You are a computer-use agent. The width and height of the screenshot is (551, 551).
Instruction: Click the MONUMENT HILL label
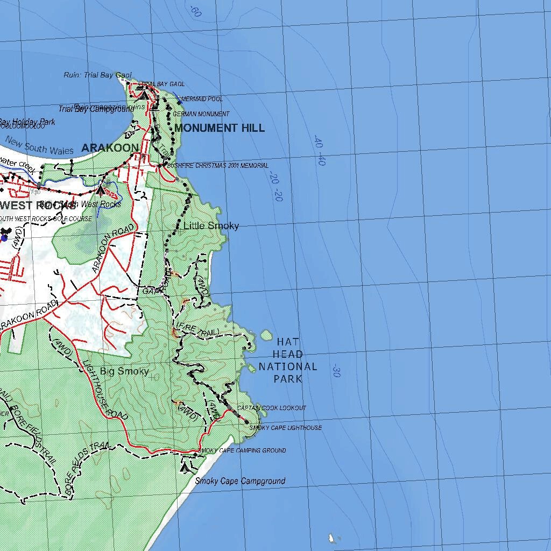tap(220, 128)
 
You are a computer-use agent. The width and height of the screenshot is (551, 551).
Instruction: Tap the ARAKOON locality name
tap(110, 148)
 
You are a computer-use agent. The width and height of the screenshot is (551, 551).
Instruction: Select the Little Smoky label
tap(211, 226)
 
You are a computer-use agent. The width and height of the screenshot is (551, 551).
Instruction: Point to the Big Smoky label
tap(124, 371)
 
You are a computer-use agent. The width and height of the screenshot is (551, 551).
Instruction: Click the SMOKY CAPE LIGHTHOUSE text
tap(285, 428)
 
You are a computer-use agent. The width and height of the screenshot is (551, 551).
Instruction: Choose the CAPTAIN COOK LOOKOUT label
tap(272, 408)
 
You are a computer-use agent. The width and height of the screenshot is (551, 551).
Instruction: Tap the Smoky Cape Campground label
tap(240, 481)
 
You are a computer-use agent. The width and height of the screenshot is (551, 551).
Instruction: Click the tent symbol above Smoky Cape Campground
tap(186, 468)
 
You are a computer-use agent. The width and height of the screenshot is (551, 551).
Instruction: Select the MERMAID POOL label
tap(202, 100)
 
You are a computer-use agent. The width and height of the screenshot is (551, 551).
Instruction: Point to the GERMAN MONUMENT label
tap(201, 114)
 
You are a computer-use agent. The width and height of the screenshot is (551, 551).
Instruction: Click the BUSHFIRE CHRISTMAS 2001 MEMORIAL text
tap(217, 166)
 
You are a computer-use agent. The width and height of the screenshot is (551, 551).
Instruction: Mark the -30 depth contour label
tap(336, 371)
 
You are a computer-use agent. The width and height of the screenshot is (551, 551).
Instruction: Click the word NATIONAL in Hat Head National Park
tap(288, 367)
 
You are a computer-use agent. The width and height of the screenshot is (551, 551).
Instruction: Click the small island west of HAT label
tap(266, 335)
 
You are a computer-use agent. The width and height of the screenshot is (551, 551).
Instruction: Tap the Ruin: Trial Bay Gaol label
tap(97, 75)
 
